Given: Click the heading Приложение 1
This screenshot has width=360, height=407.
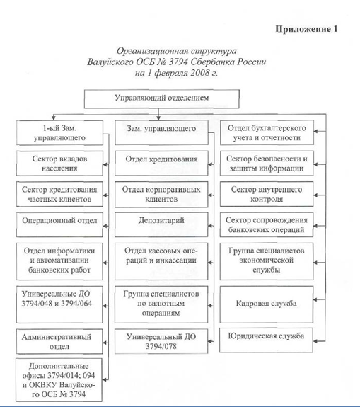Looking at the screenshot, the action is click(x=306, y=29).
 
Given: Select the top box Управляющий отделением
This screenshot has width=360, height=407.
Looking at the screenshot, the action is click(x=161, y=99).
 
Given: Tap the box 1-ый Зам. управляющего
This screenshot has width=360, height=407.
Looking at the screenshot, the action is click(x=59, y=132).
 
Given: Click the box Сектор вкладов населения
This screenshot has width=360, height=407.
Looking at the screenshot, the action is click(x=59, y=164).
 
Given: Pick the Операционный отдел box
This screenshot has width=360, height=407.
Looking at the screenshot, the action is click(x=59, y=224).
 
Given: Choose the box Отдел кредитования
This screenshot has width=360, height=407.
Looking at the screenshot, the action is click(x=161, y=164).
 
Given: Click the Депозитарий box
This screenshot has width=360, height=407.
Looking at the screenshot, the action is click(x=161, y=224).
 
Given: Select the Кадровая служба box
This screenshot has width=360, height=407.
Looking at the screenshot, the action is click(x=267, y=304).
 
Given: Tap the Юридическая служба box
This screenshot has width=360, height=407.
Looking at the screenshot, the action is click(x=266, y=340).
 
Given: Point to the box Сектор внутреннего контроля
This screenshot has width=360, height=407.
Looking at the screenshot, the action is click(x=267, y=194).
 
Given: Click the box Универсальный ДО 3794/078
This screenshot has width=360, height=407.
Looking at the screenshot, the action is click(x=161, y=341).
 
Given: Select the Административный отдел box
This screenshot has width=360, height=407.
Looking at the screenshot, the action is click(x=59, y=342).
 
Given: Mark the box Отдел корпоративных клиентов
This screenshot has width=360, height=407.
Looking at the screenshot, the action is click(x=161, y=194).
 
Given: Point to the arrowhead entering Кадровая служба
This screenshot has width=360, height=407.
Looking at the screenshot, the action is click(x=315, y=300).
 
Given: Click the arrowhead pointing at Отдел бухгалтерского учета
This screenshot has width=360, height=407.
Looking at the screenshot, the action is click(x=315, y=131).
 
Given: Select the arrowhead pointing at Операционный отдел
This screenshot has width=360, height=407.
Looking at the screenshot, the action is click(x=105, y=226).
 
